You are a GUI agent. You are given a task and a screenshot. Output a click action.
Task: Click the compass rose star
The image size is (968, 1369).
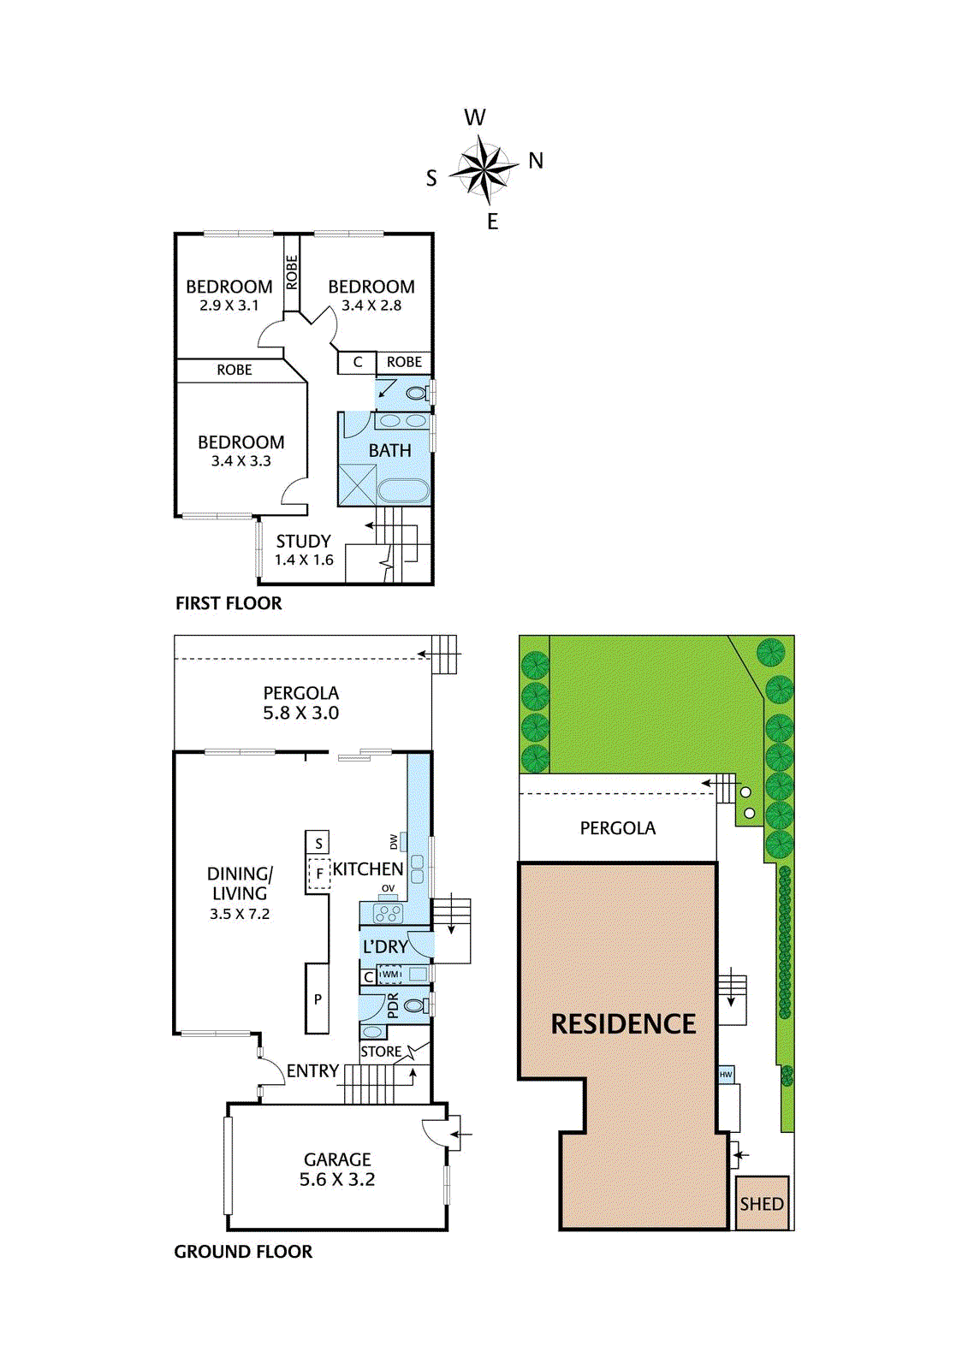(484, 169)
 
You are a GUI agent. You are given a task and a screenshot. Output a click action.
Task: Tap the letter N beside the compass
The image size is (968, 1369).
(536, 161)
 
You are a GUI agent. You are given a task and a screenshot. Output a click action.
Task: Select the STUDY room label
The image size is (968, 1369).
(303, 541)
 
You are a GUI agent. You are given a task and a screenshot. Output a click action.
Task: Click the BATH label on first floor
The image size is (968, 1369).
(389, 450)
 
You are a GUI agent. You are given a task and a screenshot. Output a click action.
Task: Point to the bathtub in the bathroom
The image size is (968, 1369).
(403, 491)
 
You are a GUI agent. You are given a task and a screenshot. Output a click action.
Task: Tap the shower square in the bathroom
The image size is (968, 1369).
(357, 484)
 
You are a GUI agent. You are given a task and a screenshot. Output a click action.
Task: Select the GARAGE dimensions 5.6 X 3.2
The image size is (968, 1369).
(337, 1180)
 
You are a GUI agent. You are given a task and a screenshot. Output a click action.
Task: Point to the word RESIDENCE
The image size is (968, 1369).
(623, 1024)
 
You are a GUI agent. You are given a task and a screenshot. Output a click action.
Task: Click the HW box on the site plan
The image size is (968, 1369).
(725, 1075)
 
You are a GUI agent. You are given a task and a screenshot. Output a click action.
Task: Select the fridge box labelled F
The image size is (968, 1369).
(318, 874)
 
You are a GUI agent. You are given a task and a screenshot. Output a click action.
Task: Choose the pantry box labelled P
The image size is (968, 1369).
(318, 999)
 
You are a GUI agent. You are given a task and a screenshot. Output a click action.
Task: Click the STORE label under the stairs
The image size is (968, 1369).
(381, 1052)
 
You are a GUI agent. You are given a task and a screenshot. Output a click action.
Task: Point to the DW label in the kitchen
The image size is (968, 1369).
(394, 842)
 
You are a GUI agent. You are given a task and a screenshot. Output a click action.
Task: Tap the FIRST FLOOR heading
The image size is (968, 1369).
(229, 603)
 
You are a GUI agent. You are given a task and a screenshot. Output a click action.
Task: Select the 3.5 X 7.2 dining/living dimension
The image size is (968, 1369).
(239, 915)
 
